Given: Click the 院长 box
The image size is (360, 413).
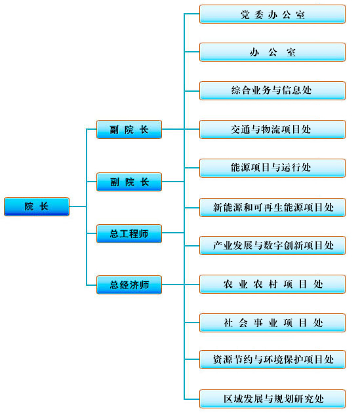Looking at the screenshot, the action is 37,206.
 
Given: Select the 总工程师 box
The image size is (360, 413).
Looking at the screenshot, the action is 129,233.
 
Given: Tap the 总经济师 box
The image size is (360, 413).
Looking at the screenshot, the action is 129,285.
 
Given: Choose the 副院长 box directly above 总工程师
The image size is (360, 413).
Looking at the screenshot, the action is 129,182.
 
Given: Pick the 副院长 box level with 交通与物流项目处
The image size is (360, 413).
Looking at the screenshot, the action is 129,129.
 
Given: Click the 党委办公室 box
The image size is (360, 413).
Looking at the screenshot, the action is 273,14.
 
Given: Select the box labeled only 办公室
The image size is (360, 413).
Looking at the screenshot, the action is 273,52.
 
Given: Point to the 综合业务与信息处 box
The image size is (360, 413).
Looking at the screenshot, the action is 273,91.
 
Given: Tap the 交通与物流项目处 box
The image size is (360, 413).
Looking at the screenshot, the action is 273,129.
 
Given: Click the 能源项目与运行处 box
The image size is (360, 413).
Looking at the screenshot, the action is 273,168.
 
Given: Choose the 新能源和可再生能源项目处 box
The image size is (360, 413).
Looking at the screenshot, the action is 273,208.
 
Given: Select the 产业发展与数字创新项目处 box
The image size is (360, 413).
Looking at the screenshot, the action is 273,245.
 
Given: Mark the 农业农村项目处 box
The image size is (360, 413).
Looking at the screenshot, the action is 273,285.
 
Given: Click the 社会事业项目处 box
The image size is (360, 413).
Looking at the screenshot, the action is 273,323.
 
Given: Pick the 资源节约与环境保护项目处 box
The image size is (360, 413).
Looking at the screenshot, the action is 273,359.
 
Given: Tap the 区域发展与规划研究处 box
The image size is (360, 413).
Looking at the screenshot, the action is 273,399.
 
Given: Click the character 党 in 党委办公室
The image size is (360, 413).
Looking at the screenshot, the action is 245,14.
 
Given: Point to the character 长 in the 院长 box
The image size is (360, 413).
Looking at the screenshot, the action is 44,206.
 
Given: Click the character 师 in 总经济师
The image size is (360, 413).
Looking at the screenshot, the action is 144,285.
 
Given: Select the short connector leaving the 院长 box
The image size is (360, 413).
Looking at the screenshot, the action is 78,206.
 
